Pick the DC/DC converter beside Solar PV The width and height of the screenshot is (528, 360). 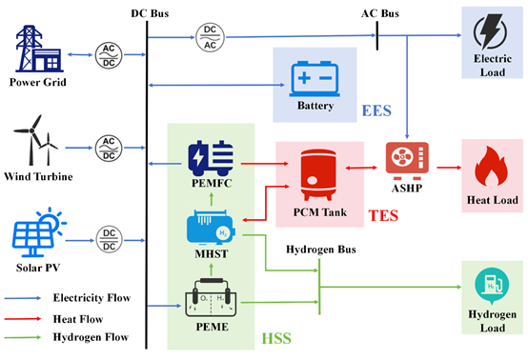[111, 233]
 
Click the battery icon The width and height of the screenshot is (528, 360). [315, 75]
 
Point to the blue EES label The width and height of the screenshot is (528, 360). [378, 111]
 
